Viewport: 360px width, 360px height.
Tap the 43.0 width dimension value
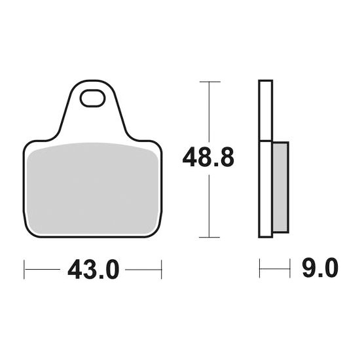point(93,268)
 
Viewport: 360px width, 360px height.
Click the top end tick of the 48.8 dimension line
point(208,82)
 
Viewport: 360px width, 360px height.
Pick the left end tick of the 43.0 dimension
point(24,268)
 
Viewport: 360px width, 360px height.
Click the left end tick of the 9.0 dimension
point(260,268)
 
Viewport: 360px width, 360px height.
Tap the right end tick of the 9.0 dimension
point(289,268)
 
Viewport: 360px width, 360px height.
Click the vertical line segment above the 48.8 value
point(208,111)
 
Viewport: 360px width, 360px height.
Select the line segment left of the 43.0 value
point(43,268)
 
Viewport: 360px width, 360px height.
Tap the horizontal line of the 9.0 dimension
point(274,268)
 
